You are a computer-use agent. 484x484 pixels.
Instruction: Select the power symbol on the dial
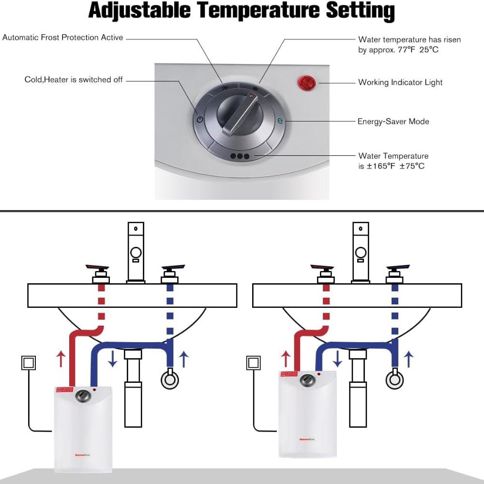click(200, 120)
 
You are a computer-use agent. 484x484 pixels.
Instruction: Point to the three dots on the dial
click(240, 156)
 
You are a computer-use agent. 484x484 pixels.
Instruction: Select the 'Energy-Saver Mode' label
click(393, 121)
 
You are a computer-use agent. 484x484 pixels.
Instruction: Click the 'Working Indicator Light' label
click(400, 82)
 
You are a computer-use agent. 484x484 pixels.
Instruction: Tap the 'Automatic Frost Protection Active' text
click(63, 37)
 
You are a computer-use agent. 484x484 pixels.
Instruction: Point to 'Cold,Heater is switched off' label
click(74, 79)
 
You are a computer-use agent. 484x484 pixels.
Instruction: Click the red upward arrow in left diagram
click(60, 360)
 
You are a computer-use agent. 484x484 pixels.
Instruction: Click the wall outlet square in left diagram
click(29, 363)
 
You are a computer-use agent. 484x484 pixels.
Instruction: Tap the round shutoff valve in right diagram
click(394, 379)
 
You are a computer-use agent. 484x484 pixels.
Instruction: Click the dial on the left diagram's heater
click(83, 396)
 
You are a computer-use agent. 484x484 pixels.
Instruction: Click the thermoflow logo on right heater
click(304, 439)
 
